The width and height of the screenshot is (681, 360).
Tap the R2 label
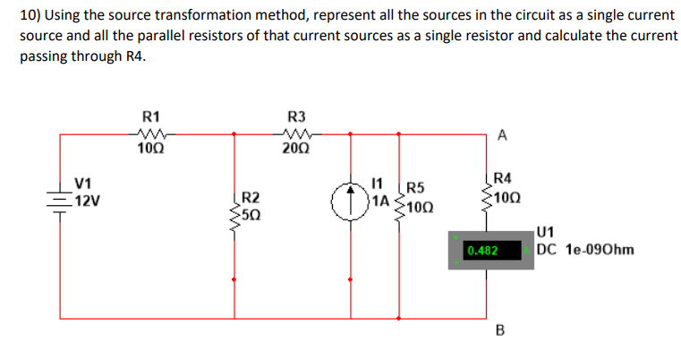click(251, 197)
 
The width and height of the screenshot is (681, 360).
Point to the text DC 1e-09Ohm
click(585, 249)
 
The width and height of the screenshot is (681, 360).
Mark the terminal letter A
click(502, 135)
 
